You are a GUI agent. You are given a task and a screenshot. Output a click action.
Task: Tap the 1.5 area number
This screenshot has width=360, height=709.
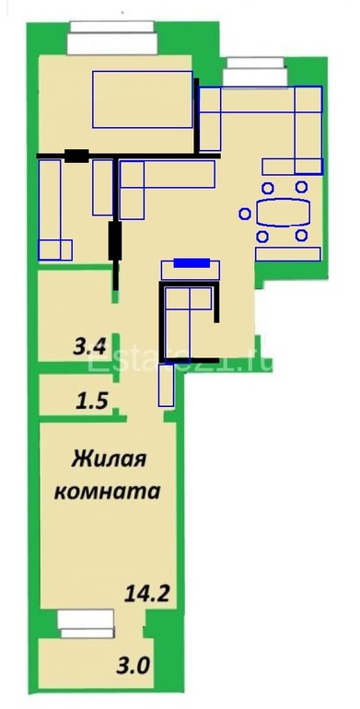click(x=89, y=401)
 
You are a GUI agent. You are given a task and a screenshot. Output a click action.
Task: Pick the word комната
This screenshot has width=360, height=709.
click(x=109, y=490)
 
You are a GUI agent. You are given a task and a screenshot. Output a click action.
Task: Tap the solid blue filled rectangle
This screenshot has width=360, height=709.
click(x=192, y=263)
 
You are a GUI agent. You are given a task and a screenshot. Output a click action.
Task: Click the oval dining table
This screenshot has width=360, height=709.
click(x=282, y=214)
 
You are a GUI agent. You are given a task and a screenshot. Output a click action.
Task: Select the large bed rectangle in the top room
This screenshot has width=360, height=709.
click(x=142, y=99)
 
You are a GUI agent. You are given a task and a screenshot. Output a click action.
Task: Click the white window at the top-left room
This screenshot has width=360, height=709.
click(x=114, y=41)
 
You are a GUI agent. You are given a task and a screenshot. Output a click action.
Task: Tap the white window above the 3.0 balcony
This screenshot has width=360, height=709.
click(x=85, y=623)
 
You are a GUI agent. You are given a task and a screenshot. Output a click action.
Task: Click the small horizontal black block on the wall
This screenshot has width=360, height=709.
click(x=77, y=156)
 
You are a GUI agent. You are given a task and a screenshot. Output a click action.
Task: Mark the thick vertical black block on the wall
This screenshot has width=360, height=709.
click(x=114, y=241)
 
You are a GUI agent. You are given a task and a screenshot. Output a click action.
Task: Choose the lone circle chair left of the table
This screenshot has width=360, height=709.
click(x=244, y=214)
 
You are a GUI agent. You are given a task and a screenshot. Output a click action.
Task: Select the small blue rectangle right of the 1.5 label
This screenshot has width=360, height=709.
click(x=167, y=385)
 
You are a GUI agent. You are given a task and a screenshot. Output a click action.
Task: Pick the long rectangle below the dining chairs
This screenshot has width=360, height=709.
click(x=288, y=253)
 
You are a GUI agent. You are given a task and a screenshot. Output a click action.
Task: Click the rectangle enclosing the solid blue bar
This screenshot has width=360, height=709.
click(x=192, y=270)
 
